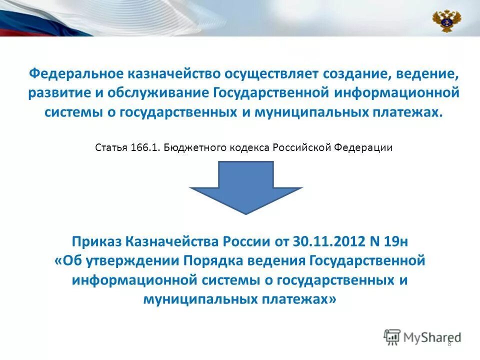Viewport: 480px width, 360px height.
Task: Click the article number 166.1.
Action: coord(146,148)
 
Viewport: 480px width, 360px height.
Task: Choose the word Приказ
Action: coord(97,242)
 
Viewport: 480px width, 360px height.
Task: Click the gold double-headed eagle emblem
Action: coord(446,20)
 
